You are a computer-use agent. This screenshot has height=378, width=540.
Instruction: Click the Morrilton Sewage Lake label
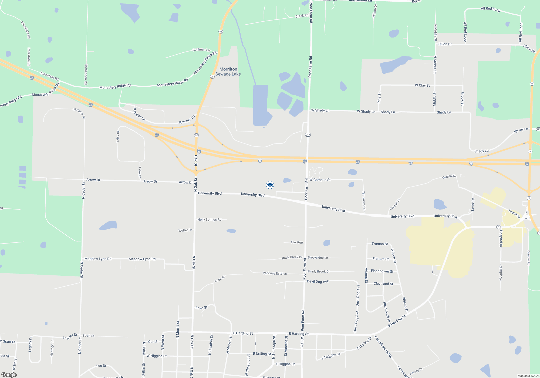coord(228,72)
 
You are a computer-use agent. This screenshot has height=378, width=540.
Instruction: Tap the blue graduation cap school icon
coord(270,185)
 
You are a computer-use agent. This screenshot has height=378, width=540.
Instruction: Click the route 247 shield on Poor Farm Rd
coord(308,134)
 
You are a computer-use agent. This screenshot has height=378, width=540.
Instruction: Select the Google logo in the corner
coord(9,375)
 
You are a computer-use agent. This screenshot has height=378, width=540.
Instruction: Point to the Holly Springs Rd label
coord(209,220)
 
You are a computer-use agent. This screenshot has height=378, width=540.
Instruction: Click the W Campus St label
coord(320,180)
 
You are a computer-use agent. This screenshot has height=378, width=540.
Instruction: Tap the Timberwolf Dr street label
coord(364,201)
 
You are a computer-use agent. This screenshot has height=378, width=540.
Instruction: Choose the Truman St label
coord(380,244)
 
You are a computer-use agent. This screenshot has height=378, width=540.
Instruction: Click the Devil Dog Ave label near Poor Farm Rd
coord(318,281)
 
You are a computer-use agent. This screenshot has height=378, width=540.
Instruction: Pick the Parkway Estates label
coord(275,273)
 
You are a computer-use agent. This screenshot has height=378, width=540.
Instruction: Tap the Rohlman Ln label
coord(201,50)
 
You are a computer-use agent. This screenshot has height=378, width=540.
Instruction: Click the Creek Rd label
coord(302,16)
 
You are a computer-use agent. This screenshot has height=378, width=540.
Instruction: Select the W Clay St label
coord(422,85)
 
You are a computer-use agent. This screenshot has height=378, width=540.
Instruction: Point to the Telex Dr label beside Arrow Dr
coord(140,173)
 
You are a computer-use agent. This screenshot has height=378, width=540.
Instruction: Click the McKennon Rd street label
coord(86,75)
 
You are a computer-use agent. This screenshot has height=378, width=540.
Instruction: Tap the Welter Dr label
coord(185,230)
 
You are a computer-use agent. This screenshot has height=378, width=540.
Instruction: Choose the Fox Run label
coord(297,242)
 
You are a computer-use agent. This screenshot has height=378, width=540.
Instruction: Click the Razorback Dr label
coord(387,312)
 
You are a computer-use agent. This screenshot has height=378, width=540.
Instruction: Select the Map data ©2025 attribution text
coord(528,376)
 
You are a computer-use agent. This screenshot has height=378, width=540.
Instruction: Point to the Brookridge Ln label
coord(318,258)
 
